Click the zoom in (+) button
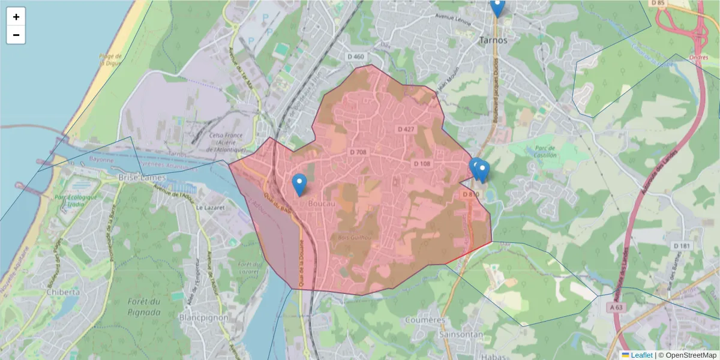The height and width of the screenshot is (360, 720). tap(16, 17)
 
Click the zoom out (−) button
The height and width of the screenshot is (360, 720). tap(16, 35)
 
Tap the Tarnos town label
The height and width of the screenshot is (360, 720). tap(493, 40)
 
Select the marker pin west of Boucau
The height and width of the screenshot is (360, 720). tap(299, 185)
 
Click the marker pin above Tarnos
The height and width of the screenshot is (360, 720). tap(497, 7)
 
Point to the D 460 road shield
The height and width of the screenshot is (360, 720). tap(356, 57)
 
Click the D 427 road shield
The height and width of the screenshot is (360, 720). tap(406, 129)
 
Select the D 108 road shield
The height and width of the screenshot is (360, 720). tap(422, 163)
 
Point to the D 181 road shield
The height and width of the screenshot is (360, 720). tap(682, 246)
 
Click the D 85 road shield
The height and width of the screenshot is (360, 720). tap(658, 3)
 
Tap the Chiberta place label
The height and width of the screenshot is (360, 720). tap(63, 292)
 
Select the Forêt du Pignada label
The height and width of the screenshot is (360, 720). tap(144, 307)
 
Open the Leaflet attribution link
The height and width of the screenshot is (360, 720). tap(641, 355)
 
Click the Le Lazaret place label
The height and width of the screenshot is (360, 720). tap(210, 207)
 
